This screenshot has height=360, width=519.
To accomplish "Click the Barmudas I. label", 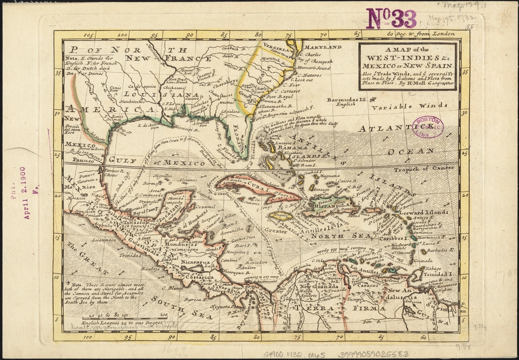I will tap(347, 101).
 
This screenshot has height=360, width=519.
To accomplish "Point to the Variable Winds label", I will tap(410, 107).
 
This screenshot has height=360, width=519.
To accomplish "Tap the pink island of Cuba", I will tap(253, 187).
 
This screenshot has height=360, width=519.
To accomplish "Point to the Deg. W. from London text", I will tap(421, 34).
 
